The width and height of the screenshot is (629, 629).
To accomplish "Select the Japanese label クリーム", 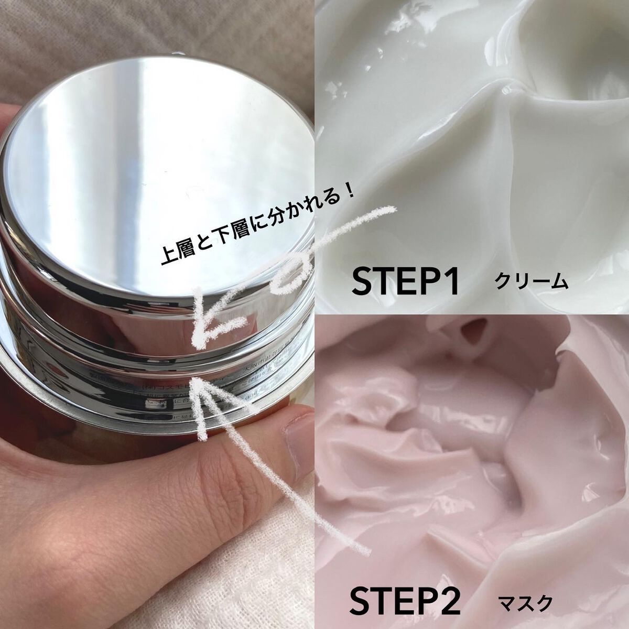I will click(x=531, y=283).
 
